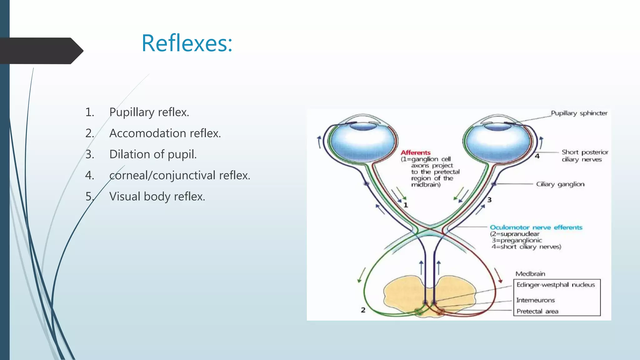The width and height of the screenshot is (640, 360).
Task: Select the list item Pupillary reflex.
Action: click(x=149, y=112)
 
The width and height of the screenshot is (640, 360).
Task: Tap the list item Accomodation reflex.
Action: click(x=165, y=133)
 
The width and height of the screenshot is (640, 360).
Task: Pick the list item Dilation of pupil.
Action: click(x=153, y=154)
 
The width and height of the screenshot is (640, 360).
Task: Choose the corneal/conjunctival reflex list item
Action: click(x=180, y=175)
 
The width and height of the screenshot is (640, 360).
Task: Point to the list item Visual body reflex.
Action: click(x=157, y=197)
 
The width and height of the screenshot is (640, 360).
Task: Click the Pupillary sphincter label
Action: click(x=579, y=113)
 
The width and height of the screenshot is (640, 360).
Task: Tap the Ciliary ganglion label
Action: click(x=560, y=184)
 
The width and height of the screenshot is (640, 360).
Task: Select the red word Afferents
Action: click(x=416, y=152)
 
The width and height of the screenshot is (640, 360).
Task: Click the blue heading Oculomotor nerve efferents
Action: click(x=536, y=227)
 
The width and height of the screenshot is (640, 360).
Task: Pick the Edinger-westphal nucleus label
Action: click(x=555, y=285)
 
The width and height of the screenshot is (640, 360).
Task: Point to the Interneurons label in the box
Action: click(x=535, y=300)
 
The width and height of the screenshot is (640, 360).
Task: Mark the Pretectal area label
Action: click(x=537, y=311)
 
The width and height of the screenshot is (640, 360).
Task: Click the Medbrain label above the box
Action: click(x=530, y=274)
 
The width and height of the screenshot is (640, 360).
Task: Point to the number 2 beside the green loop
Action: click(x=363, y=310)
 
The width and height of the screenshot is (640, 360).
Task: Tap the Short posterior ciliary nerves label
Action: click(x=584, y=156)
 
